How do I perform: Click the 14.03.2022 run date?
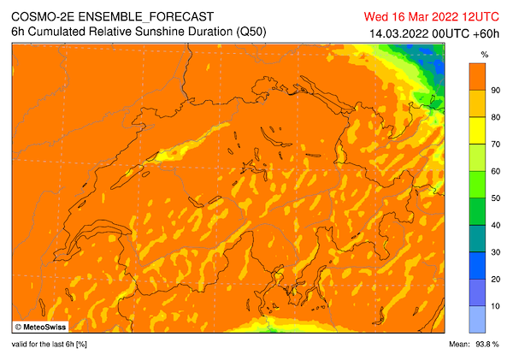[398, 32]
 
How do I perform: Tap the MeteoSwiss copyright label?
[42, 326]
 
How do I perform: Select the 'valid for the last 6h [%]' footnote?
[50, 344]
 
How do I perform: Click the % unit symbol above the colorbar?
[484, 54]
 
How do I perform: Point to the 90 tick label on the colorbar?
[495, 90]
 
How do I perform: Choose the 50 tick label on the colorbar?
[495, 198]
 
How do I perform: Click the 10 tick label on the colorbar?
[495, 306]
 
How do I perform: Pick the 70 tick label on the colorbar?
[495, 145]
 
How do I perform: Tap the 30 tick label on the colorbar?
[495, 252]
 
